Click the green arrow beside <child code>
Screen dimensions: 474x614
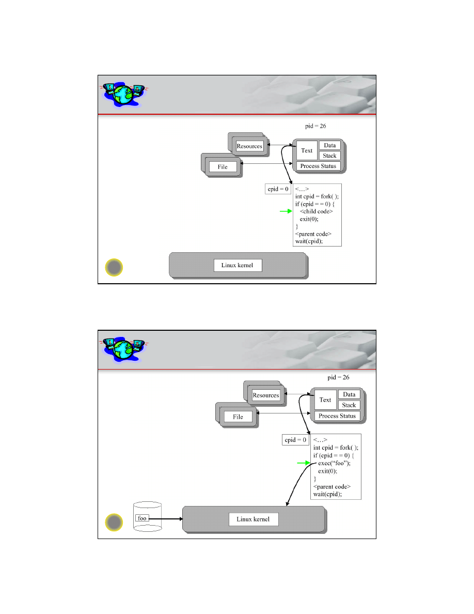click(x=286, y=211)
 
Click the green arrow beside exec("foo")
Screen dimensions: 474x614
click(x=304, y=463)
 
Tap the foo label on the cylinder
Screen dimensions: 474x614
click(x=142, y=518)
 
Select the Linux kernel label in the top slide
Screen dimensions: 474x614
click(x=238, y=265)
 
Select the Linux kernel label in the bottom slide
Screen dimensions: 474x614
click(x=253, y=519)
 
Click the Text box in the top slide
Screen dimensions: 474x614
click(x=307, y=150)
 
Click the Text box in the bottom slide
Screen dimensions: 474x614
click(x=325, y=400)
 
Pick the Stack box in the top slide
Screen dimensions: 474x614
click(x=330, y=156)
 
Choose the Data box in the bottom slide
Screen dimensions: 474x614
click(x=349, y=395)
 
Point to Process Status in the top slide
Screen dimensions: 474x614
click(x=319, y=166)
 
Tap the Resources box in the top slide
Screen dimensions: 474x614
click(x=249, y=146)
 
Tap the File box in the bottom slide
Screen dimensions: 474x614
click(x=238, y=417)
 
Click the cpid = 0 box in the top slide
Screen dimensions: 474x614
click(x=278, y=189)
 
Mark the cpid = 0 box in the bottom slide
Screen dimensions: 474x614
click(x=295, y=440)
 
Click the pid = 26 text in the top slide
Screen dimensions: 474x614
click(x=315, y=126)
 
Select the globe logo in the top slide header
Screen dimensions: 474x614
click(x=123, y=95)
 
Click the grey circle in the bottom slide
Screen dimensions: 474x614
click(x=114, y=523)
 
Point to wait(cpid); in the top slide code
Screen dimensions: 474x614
click(x=309, y=241)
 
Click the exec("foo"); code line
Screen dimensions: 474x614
click(x=335, y=463)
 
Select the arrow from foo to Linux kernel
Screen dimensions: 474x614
click(x=166, y=519)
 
